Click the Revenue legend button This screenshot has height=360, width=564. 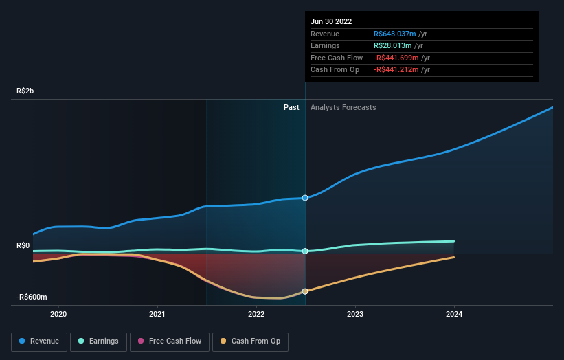(39, 341)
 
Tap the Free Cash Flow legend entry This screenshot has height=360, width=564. (169, 341)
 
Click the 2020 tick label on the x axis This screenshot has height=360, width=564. (59, 315)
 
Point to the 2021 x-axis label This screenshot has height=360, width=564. (158, 315)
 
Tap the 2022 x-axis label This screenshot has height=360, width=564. (256, 315)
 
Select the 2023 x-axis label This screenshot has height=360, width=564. (355, 315)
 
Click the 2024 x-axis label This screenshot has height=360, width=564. (454, 315)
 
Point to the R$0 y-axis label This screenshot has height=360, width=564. (23, 245)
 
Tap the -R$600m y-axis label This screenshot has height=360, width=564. (32, 297)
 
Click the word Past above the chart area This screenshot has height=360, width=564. (291, 107)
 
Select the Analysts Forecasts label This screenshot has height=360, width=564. (343, 107)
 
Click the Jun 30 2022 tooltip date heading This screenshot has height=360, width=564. (331, 21)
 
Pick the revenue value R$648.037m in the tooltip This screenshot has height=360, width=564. (396, 34)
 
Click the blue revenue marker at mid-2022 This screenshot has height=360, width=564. (305, 198)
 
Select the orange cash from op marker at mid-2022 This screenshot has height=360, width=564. (305, 291)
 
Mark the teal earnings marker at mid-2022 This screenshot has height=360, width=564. (305, 251)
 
